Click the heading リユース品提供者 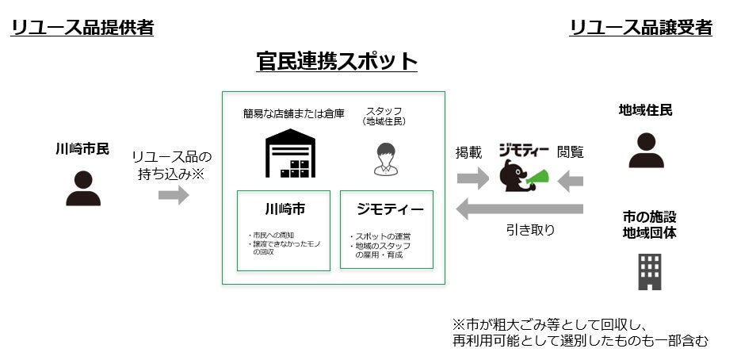click(82, 29)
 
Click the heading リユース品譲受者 click(640, 29)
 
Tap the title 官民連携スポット click(337, 62)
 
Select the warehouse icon click(290, 154)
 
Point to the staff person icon click(386, 159)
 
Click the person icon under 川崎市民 click(82, 188)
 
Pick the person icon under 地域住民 click(646, 150)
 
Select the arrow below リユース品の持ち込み click(174, 195)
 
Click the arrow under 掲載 click(473, 179)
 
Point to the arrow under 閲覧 click(571, 181)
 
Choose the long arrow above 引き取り click(519, 209)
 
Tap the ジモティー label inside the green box click(390, 209)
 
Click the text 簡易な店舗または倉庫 click(293, 113)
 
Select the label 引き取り click(530, 230)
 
